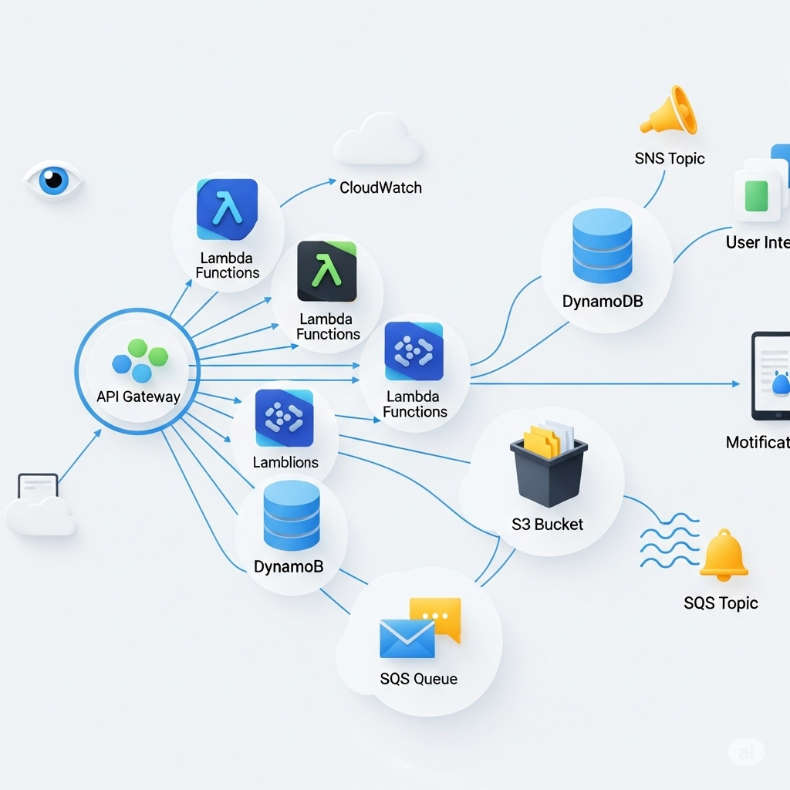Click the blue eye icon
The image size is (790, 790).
53,180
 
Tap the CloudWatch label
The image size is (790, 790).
380,187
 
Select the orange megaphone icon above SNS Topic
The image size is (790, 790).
669,111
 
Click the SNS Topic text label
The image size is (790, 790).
670,158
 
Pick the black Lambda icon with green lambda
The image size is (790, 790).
327,272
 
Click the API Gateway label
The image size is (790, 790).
139,397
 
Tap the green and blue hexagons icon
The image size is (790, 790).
140,360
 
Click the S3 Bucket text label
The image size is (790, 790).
548,524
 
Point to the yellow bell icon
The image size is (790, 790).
724,555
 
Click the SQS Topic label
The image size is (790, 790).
721,603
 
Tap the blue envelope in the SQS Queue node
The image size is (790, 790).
407,640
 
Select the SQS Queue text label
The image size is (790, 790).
419,679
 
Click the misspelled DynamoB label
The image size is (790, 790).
289,566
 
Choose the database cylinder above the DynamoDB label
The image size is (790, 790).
603,246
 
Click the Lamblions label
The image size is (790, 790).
285,462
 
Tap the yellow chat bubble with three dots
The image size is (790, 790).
437,616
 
